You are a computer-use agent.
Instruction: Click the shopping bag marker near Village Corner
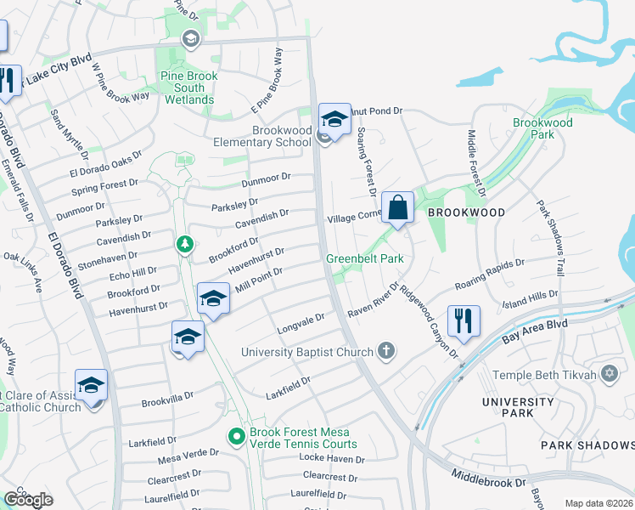tap(397, 207)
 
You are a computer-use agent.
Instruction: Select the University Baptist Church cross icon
tap(386, 351)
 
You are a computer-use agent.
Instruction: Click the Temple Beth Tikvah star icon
tap(609, 373)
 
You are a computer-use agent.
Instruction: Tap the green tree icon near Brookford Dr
tap(184, 245)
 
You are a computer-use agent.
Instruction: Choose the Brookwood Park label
tap(543, 128)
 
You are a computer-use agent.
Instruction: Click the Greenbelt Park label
tap(364, 258)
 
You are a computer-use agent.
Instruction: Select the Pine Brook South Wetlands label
tap(188, 88)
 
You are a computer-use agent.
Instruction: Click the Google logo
tap(28, 499)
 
